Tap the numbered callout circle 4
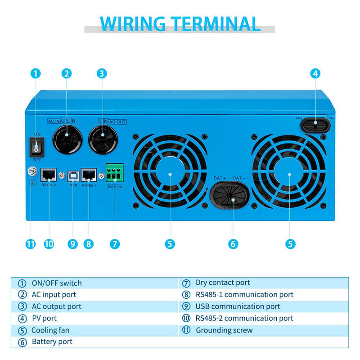pyautogui.click(x=315, y=73)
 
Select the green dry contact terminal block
pyautogui.click(x=114, y=171)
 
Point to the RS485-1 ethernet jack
pyautogui.click(x=89, y=173)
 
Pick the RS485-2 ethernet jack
pyautogui.click(x=48, y=173)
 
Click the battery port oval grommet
pyautogui.click(x=232, y=197)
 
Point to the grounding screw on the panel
pyautogui.click(x=32, y=171)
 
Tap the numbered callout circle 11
pyautogui.click(x=31, y=244)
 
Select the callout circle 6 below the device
pyautogui.click(x=233, y=244)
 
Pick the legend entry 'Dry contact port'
pyautogui.click(x=222, y=283)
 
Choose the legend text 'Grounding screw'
pyautogui.click(x=224, y=330)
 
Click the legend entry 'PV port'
pyautogui.click(x=44, y=318)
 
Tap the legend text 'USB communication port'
pyautogui.click(x=238, y=306)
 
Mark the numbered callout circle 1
pyautogui.click(x=36, y=73)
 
